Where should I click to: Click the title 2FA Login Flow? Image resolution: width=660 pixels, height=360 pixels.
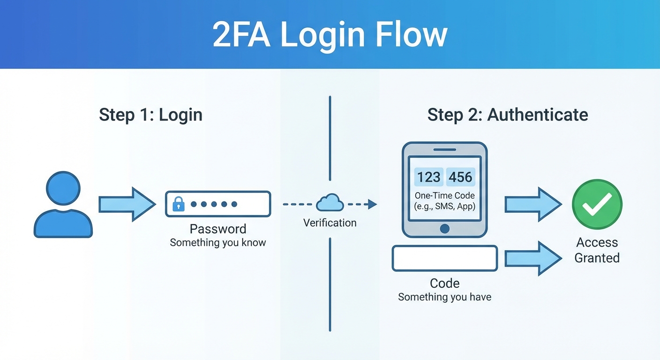(x=330, y=35)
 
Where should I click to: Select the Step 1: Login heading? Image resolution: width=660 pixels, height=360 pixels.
(x=150, y=115)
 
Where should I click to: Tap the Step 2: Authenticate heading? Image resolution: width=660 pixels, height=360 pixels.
(x=508, y=115)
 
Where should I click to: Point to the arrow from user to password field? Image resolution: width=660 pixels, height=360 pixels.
(x=127, y=204)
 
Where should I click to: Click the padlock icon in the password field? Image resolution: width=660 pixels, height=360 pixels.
(x=178, y=204)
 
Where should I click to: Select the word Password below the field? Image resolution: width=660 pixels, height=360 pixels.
(x=218, y=229)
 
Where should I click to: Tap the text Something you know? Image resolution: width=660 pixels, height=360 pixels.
(x=218, y=243)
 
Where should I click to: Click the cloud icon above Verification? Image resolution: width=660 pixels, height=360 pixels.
(x=330, y=203)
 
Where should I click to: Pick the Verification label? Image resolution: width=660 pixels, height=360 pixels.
(x=330, y=223)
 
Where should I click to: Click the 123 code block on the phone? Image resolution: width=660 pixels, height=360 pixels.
(x=428, y=177)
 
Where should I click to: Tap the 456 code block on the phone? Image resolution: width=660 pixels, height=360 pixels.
(x=460, y=177)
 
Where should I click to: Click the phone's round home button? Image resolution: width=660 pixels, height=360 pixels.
(x=445, y=228)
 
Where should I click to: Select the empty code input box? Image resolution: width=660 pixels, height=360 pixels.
(x=445, y=258)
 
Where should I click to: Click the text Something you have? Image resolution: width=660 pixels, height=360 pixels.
(x=445, y=297)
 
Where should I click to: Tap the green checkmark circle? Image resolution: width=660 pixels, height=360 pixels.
(x=597, y=204)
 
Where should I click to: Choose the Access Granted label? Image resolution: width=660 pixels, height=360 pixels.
(x=597, y=250)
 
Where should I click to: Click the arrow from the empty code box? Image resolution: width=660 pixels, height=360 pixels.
(x=532, y=258)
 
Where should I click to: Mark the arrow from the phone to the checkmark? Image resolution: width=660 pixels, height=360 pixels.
(x=532, y=204)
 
